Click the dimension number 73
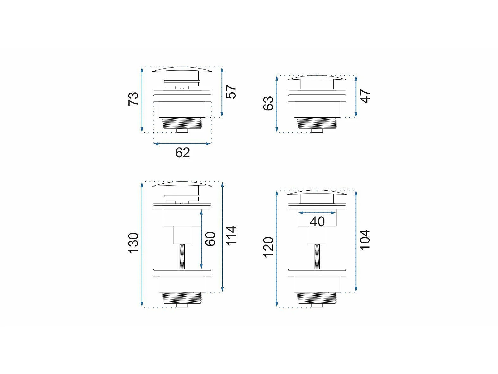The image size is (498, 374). (133, 99)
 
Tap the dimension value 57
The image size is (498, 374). (231, 92)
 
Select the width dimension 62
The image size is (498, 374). (182, 153)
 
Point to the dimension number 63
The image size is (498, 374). (268, 103)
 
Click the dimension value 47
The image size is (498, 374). (365, 96)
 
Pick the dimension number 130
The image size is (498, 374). (133, 243)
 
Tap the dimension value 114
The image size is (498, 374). (231, 235)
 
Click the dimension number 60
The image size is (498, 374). (210, 239)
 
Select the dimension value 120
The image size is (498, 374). (268, 247)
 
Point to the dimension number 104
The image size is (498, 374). (365, 240)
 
